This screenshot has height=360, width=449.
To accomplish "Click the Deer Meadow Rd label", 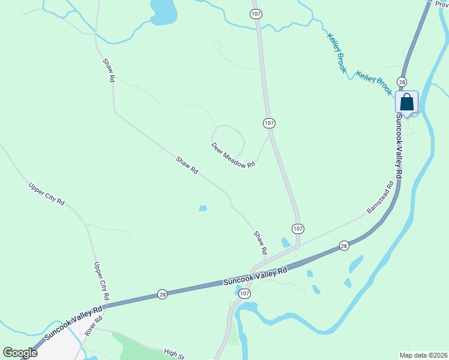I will [234, 155].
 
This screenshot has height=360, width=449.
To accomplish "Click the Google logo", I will [20, 353].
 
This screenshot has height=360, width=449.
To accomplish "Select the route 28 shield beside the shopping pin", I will [402, 82].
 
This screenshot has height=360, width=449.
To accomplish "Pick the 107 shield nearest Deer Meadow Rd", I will [269, 122].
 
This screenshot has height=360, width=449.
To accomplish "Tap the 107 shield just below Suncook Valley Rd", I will [244, 293].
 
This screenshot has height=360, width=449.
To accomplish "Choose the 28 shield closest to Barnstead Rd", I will [343, 245].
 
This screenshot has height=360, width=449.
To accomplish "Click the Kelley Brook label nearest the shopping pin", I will [374, 83].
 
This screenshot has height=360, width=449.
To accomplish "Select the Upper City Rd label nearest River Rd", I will [101, 281].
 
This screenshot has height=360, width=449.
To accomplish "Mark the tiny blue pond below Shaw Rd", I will [203, 209].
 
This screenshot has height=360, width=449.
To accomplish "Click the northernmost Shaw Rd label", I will [109, 70].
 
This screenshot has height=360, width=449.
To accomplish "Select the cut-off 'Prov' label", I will [441, 4].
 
